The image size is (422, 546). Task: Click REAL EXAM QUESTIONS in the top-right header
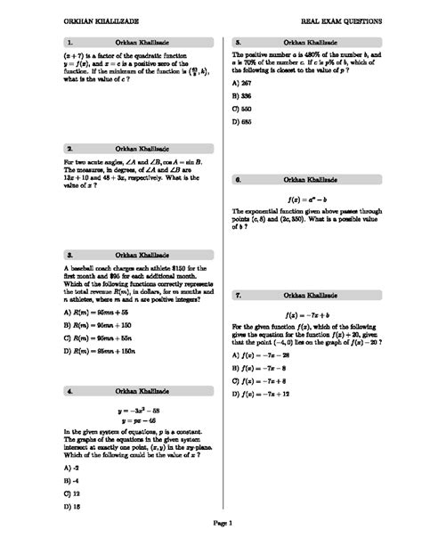(x=341, y=20)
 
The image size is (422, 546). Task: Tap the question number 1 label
(x=69, y=42)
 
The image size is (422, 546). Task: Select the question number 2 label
(x=69, y=148)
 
